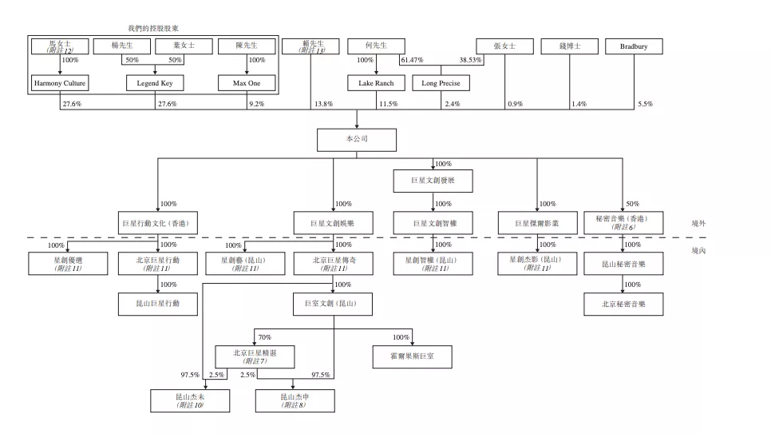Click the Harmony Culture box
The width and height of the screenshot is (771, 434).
click(x=60, y=83)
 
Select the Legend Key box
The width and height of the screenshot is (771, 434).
click(x=155, y=83)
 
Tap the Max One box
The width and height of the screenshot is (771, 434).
click(x=247, y=83)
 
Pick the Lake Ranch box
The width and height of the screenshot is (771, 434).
click(x=376, y=83)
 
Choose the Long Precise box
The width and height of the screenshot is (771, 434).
click(x=441, y=83)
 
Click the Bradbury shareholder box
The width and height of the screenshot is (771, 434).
click(x=634, y=46)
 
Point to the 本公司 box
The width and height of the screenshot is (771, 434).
click(x=357, y=139)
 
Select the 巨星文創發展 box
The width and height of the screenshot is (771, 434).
click(x=433, y=181)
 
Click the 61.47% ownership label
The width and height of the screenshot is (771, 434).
click(x=412, y=61)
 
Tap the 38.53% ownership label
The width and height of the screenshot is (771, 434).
click(x=471, y=61)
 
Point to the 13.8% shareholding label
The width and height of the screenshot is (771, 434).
click(x=323, y=105)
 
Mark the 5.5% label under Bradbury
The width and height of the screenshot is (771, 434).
click(x=645, y=105)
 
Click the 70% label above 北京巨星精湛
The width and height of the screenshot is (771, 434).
click(x=264, y=337)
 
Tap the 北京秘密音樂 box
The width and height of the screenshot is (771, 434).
click(x=623, y=304)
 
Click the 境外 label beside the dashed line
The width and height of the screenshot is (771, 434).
click(x=698, y=224)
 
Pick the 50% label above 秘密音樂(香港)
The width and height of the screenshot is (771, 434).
click(x=632, y=204)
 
